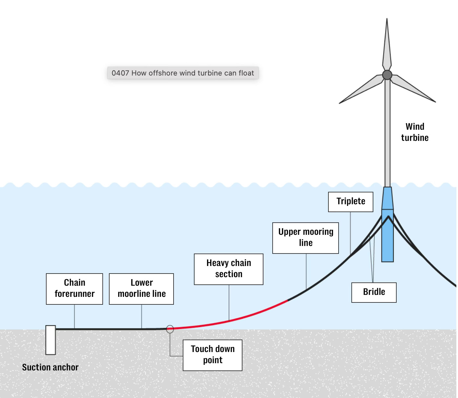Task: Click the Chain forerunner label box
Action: pos(74,289)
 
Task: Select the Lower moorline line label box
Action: pos(141,289)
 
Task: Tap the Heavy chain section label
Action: pos(229,269)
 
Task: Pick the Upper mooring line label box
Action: pos(305,238)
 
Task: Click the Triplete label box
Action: pos(350,202)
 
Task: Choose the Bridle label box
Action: pos(374,292)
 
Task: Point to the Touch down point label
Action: pos(213,355)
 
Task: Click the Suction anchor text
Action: pos(50,367)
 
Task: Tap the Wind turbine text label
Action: pos(415,132)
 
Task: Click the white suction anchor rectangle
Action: pos(51,340)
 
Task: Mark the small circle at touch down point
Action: pos(170,329)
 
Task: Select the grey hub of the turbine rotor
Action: pos(387,75)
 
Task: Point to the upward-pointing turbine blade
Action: pos(387,46)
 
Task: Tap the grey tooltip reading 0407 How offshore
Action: pos(183,73)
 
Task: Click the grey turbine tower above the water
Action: pos(387,138)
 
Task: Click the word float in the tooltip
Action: pos(246,73)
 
